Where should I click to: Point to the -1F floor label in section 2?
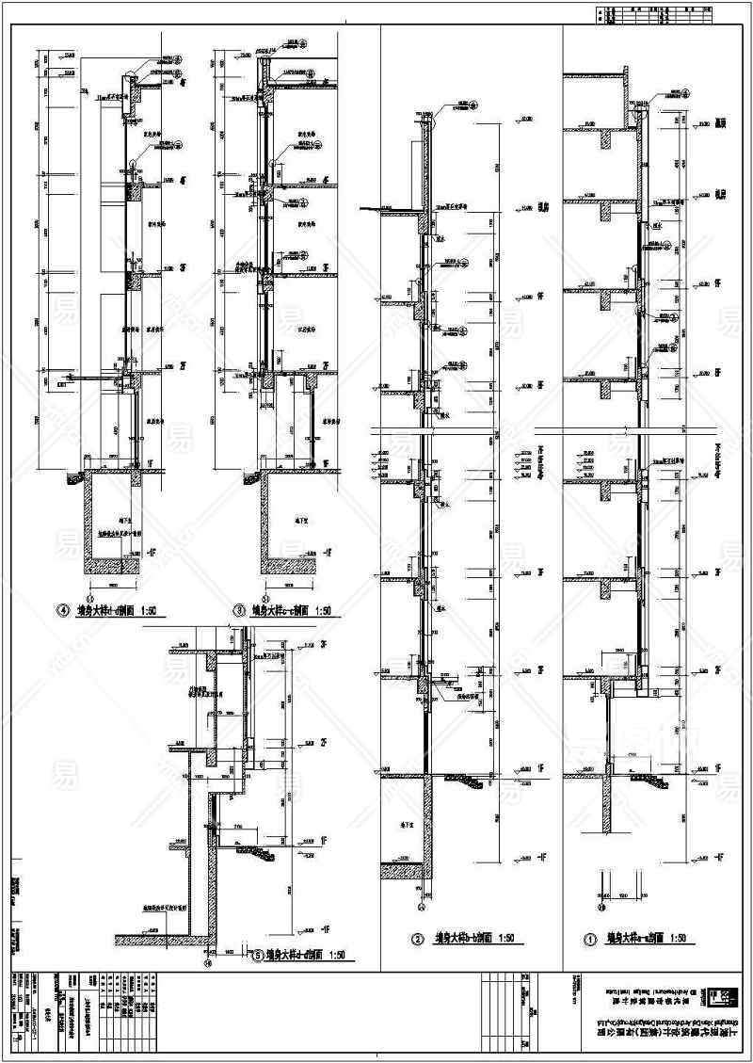coord(543,858)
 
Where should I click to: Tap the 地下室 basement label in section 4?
coord(115,519)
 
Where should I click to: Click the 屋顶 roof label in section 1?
coord(720,122)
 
